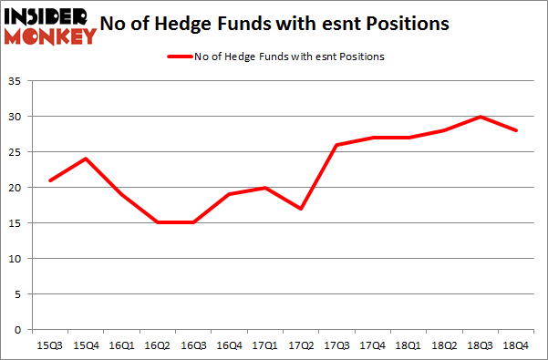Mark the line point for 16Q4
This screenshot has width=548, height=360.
click(x=228, y=194)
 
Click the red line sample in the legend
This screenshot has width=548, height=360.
click(x=179, y=57)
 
